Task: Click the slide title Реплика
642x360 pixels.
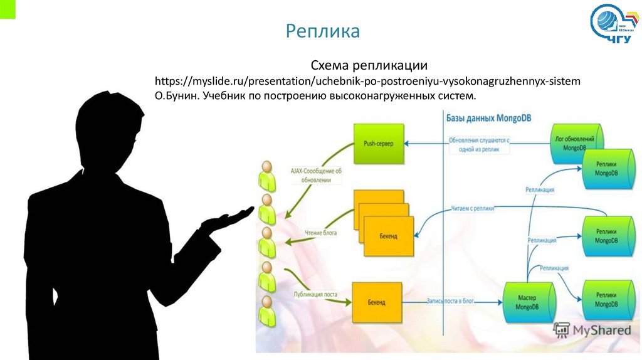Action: (x=323, y=31)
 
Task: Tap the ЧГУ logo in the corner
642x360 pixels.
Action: (x=615, y=24)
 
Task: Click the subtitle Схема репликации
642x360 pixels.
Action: (x=369, y=65)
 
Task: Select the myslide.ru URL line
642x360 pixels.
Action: (x=367, y=82)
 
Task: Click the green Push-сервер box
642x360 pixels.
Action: (x=379, y=144)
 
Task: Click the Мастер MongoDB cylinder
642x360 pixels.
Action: (x=530, y=302)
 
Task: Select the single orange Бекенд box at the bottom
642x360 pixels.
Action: (x=376, y=302)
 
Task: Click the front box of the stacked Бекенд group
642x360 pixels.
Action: (x=389, y=236)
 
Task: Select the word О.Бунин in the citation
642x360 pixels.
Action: (x=177, y=97)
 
